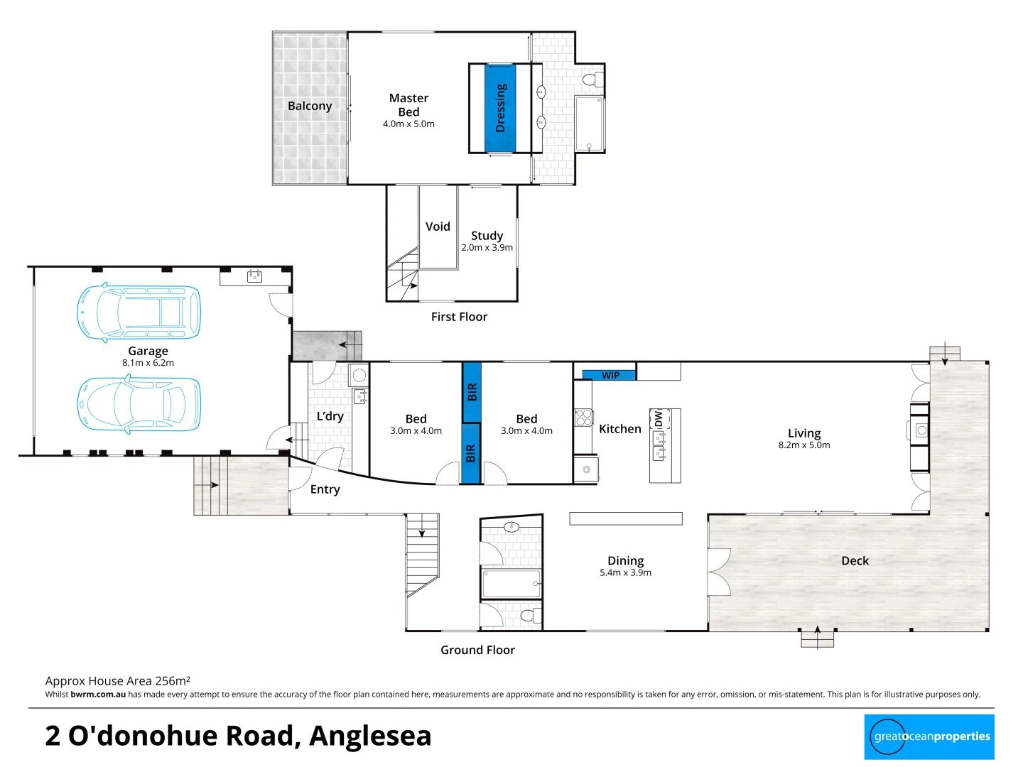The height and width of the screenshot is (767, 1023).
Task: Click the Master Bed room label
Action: (x=408, y=105)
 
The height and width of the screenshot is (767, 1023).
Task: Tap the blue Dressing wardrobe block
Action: (x=500, y=108)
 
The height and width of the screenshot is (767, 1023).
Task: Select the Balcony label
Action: (x=310, y=106)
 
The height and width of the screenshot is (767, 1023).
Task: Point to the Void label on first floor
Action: (x=438, y=227)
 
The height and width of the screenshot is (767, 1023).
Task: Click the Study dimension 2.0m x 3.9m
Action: (x=487, y=248)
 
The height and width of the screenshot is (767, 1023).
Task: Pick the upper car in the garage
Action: (x=139, y=312)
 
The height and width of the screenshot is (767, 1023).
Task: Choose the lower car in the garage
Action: (x=139, y=403)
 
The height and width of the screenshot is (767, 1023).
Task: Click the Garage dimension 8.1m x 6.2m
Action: (x=148, y=363)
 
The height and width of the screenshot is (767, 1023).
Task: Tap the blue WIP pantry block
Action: (x=610, y=375)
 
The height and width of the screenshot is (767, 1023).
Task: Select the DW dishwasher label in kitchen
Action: (x=659, y=419)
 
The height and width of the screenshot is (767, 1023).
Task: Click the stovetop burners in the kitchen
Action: (x=583, y=417)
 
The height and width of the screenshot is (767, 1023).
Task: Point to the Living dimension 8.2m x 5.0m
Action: (x=803, y=445)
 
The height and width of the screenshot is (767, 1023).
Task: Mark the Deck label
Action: (x=855, y=560)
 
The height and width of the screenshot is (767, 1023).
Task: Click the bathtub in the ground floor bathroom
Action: (x=511, y=584)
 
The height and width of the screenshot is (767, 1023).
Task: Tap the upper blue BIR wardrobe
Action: (x=472, y=391)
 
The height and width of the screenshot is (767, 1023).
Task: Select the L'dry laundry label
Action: (x=330, y=416)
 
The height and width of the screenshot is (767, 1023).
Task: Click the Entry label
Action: (x=325, y=489)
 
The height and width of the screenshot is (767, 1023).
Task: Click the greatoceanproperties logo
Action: (x=929, y=736)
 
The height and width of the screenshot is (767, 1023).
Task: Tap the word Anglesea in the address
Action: (x=370, y=736)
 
